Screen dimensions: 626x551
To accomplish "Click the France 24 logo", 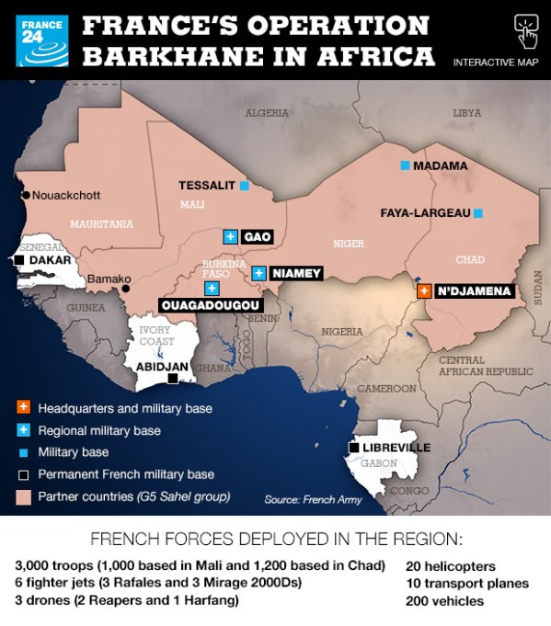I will [x=41, y=40].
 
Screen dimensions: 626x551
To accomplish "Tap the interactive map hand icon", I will [x=526, y=30].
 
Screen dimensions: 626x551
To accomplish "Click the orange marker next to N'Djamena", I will [x=423, y=290].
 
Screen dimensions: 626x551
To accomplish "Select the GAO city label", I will [x=258, y=236].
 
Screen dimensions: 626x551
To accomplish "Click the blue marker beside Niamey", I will [x=259, y=273].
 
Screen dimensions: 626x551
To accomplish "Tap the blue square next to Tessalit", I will [x=245, y=186].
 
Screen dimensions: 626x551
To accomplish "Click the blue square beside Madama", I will [x=405, y=165].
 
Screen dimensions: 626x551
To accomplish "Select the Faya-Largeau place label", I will [x=425, y=212].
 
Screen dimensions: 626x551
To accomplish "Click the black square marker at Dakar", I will [x=19, y=261].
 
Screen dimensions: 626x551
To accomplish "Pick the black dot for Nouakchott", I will [x=26, y=195].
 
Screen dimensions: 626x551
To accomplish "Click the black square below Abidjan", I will [x=172, y=378].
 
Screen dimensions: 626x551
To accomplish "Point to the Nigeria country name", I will [x=342, y=331].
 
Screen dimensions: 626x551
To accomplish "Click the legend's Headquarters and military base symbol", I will [x=23, y=407].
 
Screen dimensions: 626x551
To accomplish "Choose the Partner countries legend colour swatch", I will [x=23, y=496].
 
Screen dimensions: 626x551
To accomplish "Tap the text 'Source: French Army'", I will [x=313, y=499].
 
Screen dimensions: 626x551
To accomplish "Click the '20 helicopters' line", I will [x=450, y=566].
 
